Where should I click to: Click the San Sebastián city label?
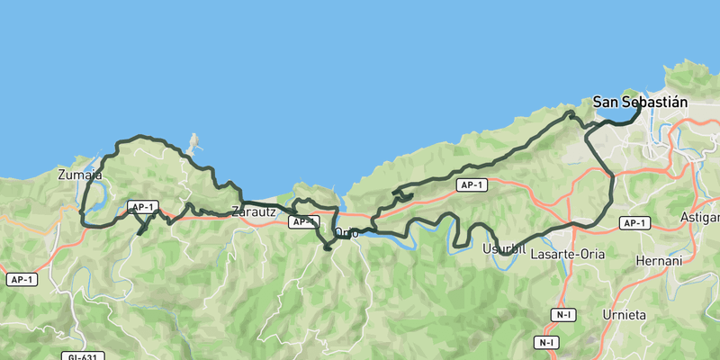(x=640, y=103)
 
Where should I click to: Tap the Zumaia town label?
(x=73, y=175)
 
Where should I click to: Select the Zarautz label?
(x=253, y=211)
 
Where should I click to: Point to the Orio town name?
(x=346, y=233)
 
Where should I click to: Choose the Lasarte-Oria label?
(x=568, y=255)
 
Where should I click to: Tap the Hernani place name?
(x=661, y=260)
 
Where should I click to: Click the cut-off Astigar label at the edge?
(x=702, y=218)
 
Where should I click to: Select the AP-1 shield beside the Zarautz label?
(x=303, y=221)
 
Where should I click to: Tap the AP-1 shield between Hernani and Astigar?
(x=634, y=223)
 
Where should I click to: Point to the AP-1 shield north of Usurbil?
(x=471, y=185)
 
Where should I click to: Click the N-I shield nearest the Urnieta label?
(x=564, y=314)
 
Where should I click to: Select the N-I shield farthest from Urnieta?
(x=546, y=343)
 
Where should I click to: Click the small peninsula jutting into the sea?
(x=192, y=142)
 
